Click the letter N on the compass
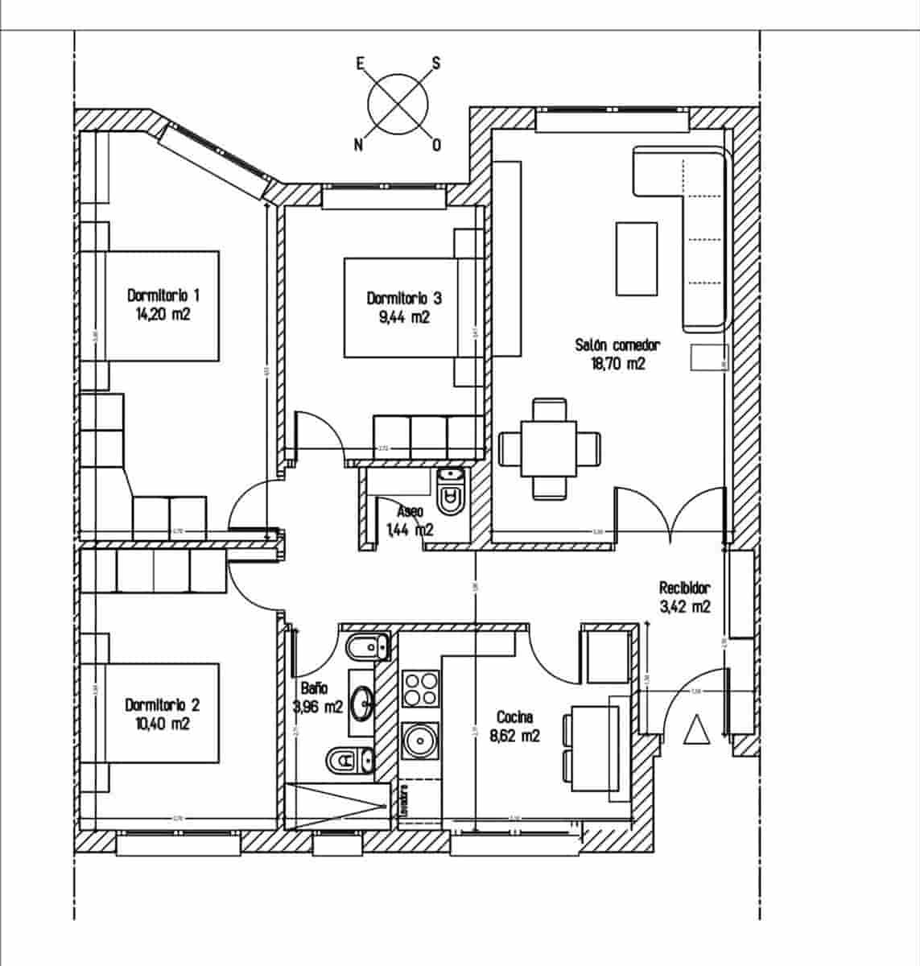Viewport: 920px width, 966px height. [358, 145]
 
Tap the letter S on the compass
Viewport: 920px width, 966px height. [436, 63]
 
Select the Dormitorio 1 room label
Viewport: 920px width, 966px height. [163, 295]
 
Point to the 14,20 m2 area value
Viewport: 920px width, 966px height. [163, 315]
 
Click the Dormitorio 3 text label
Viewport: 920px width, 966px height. [404, 298]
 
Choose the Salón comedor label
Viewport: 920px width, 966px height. [617, 345]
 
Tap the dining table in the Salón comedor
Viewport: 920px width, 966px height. [550, 448]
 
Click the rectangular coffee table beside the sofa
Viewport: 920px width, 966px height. [637, 258]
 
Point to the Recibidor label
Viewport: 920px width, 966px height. [685, 588]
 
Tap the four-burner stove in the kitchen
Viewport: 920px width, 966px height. [420, 688]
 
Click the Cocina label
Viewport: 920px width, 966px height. [514, 716]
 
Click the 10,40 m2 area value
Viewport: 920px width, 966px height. [163, 724]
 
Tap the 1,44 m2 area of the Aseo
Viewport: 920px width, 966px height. [410, 530]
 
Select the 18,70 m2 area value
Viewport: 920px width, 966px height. [617, 364]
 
